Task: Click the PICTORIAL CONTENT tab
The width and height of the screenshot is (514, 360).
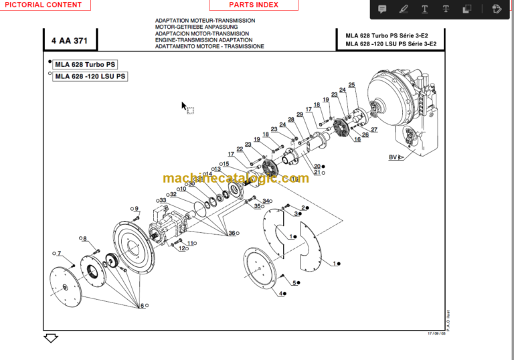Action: tap(43, 5)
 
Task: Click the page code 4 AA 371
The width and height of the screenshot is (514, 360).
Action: tap(69, 41)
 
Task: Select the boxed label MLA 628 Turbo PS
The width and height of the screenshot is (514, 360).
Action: tap(85, 64)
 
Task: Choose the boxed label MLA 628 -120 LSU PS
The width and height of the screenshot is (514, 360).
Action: tap(90, 76)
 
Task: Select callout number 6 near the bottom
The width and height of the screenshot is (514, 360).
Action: tap(141, 306)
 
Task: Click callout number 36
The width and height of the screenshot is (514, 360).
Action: tap(232, 233)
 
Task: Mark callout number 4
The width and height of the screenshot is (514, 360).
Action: tap(282, 294)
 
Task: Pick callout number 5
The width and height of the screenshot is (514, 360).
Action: tap(294, 283)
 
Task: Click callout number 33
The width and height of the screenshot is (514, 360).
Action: tap(163, 200)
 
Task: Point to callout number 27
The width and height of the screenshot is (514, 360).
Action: tap(374, 130)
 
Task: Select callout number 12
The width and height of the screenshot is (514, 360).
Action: tap(181, 248)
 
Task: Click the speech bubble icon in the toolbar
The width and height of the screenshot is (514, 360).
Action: tap(383, 9)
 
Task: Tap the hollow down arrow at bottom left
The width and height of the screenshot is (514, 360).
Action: tap(51, 339)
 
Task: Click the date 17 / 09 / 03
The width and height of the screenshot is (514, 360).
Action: tap(436, 333)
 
